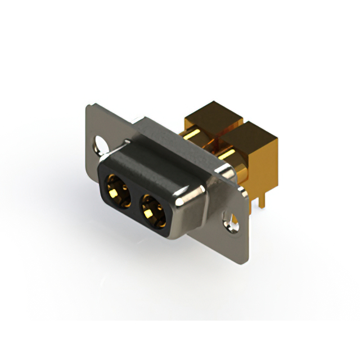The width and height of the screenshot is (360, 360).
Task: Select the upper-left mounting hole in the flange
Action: pyautogui.click(x=102, y=143)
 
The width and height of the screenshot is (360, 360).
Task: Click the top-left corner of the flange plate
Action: pyautogui.click(x=89, y=106)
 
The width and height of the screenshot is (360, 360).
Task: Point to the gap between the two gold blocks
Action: pyautogui.click(x=225, y=127)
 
